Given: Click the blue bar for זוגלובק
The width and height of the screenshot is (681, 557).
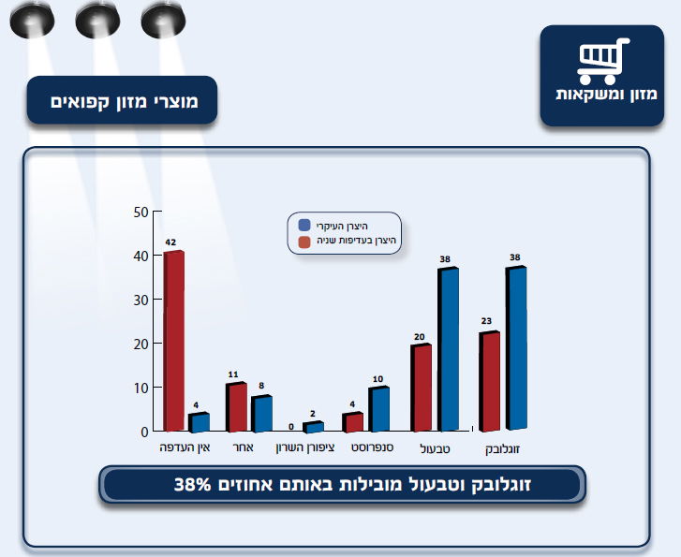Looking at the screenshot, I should (516, 348).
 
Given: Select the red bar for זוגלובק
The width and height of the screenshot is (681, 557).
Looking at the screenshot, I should (488, 381).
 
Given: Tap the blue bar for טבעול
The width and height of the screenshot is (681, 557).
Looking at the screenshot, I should (448, 349).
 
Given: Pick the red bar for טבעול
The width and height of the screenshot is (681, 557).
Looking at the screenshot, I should (421, 388).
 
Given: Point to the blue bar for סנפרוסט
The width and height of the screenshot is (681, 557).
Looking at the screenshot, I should (378, 409).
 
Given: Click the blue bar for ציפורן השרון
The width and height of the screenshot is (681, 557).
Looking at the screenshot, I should (313, 427).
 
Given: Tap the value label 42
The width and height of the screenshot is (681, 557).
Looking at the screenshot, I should (170, 242).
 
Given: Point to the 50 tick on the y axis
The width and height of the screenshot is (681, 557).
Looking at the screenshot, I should (141, 212).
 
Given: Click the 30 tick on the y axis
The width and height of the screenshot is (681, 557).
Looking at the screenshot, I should (141, 300).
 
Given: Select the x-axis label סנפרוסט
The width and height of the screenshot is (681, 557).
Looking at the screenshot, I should (371, 448).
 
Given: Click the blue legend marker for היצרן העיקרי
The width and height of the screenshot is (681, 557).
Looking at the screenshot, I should (304, 226).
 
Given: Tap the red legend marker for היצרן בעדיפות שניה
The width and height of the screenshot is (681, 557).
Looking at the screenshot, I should (304, 242).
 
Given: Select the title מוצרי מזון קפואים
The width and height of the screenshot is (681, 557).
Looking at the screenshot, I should (122, 100).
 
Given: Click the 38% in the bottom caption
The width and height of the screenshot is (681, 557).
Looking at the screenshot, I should (192, 484).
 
